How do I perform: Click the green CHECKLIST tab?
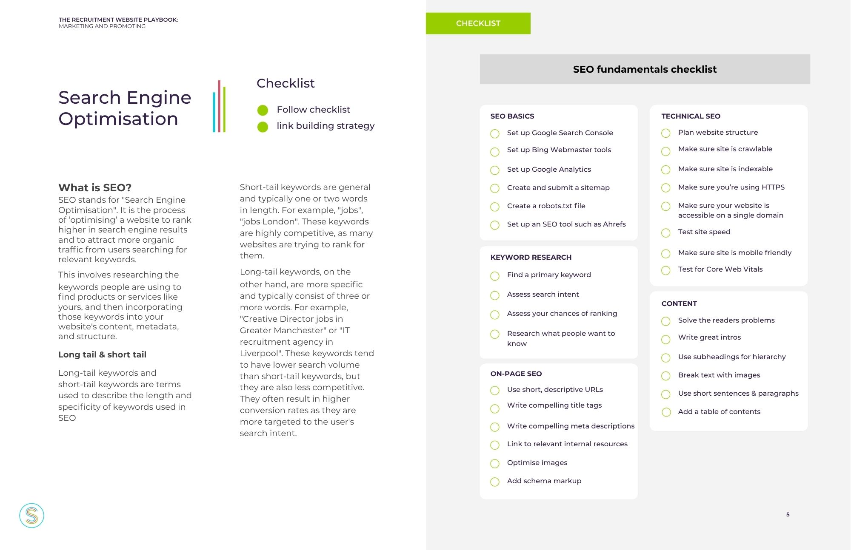pyautogui.click(x=478, y=23)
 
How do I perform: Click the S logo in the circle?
pyautogui.click(x=31, y=516)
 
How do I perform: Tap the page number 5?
pyautogui.click(x=788, y=514)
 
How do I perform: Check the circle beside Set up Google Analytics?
pyautogui.click(x=495, y=170)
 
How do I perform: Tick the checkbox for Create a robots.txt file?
pyautogui.click(x=495, y=207)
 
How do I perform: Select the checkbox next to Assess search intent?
pyautogui.click(x=495, y=295)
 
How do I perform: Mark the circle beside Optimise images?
pyautogui.click(x=495, y=463)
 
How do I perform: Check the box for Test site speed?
pyautogui.click(x=666, y=232)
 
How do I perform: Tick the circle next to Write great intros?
pyautogui.click(x=666, y=339)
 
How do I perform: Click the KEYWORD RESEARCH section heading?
pyautogui.click(x=531, y=257)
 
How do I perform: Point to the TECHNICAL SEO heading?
pyautogui.click(x=691, y=116)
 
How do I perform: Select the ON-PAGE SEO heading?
pyautogui.click(x=516, y=374)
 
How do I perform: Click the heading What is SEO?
pyautogui.click(x=95, y=187)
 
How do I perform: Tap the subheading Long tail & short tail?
pyautogui.click(x=102, y=354)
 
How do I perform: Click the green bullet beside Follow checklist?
pyautogui.click(x=263, y=110)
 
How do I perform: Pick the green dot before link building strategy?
pyautogui.click(x=263, y=127)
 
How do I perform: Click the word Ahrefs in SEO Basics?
pyautogui.click(x=614, y=224)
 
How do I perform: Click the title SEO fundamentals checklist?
pyautogui.click(x=645, y=69)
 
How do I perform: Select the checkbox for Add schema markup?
pyautogui.click(x=495, y=482)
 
